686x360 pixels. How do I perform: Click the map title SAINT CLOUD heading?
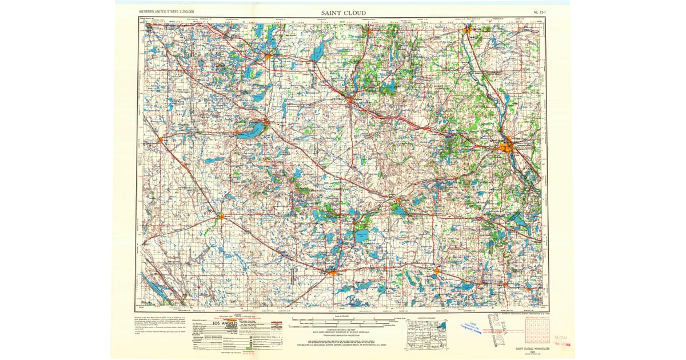(343, 13)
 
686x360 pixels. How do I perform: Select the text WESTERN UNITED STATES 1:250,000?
(166, 11)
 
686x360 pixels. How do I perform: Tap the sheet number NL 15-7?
(540, 11)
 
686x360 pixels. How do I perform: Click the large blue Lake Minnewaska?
(252, 130)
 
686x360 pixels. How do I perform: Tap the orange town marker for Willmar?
(333, 274)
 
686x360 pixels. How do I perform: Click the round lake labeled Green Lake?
(360, 234)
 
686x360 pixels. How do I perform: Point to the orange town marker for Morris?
(161, 139)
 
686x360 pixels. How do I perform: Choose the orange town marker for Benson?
(222, 217)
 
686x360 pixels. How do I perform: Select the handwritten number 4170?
(561, 337)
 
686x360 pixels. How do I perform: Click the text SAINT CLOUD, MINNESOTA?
(532, 348)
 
